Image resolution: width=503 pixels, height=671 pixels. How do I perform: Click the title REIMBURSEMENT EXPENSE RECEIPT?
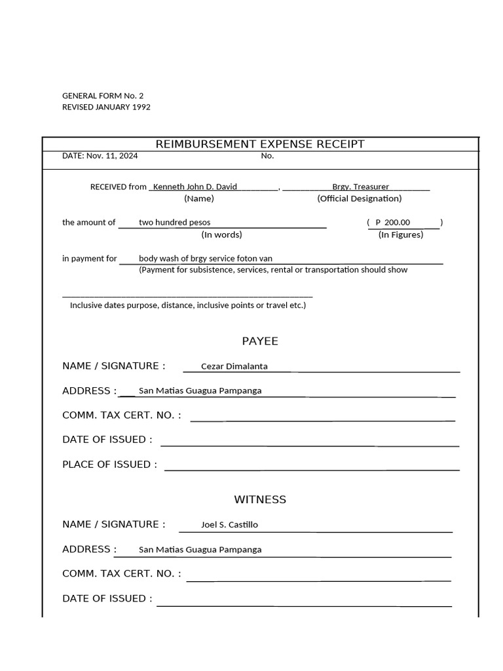[x=259, y=144]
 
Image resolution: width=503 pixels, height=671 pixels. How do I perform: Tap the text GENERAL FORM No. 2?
[x=103, y=96]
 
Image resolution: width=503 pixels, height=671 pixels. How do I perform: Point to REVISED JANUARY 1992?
[x=106, y=107]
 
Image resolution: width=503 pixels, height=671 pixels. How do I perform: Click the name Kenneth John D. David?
[x=195, y=187]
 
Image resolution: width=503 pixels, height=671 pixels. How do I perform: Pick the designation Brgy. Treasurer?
[x=360, y=187]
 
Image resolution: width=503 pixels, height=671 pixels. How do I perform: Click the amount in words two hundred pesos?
[x=174, y=222]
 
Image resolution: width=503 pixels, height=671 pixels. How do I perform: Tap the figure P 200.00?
[x=393, y=222]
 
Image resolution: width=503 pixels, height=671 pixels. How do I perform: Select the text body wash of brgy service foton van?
[x=205, y=258]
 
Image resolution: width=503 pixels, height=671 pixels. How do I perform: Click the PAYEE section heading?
[x=260, y=341]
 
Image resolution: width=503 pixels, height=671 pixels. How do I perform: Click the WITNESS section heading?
[x=260, y=499]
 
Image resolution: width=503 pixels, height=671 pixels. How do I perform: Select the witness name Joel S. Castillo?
[x=229, y=524]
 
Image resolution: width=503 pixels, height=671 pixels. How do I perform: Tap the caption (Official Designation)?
[x=360, y=199]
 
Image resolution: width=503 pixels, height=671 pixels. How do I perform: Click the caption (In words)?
[x=221, y=235]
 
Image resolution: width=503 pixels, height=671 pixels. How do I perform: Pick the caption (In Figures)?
[x=401, y=235]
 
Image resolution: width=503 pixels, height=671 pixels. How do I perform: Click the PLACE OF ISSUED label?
[x=109, y=465]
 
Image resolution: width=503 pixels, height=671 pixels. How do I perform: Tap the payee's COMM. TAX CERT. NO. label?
[x=121, y=415]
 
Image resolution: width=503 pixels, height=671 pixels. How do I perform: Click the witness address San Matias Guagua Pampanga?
[x=200, y=549]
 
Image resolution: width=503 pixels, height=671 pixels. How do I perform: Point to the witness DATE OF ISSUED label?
[x=107, y=598]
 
